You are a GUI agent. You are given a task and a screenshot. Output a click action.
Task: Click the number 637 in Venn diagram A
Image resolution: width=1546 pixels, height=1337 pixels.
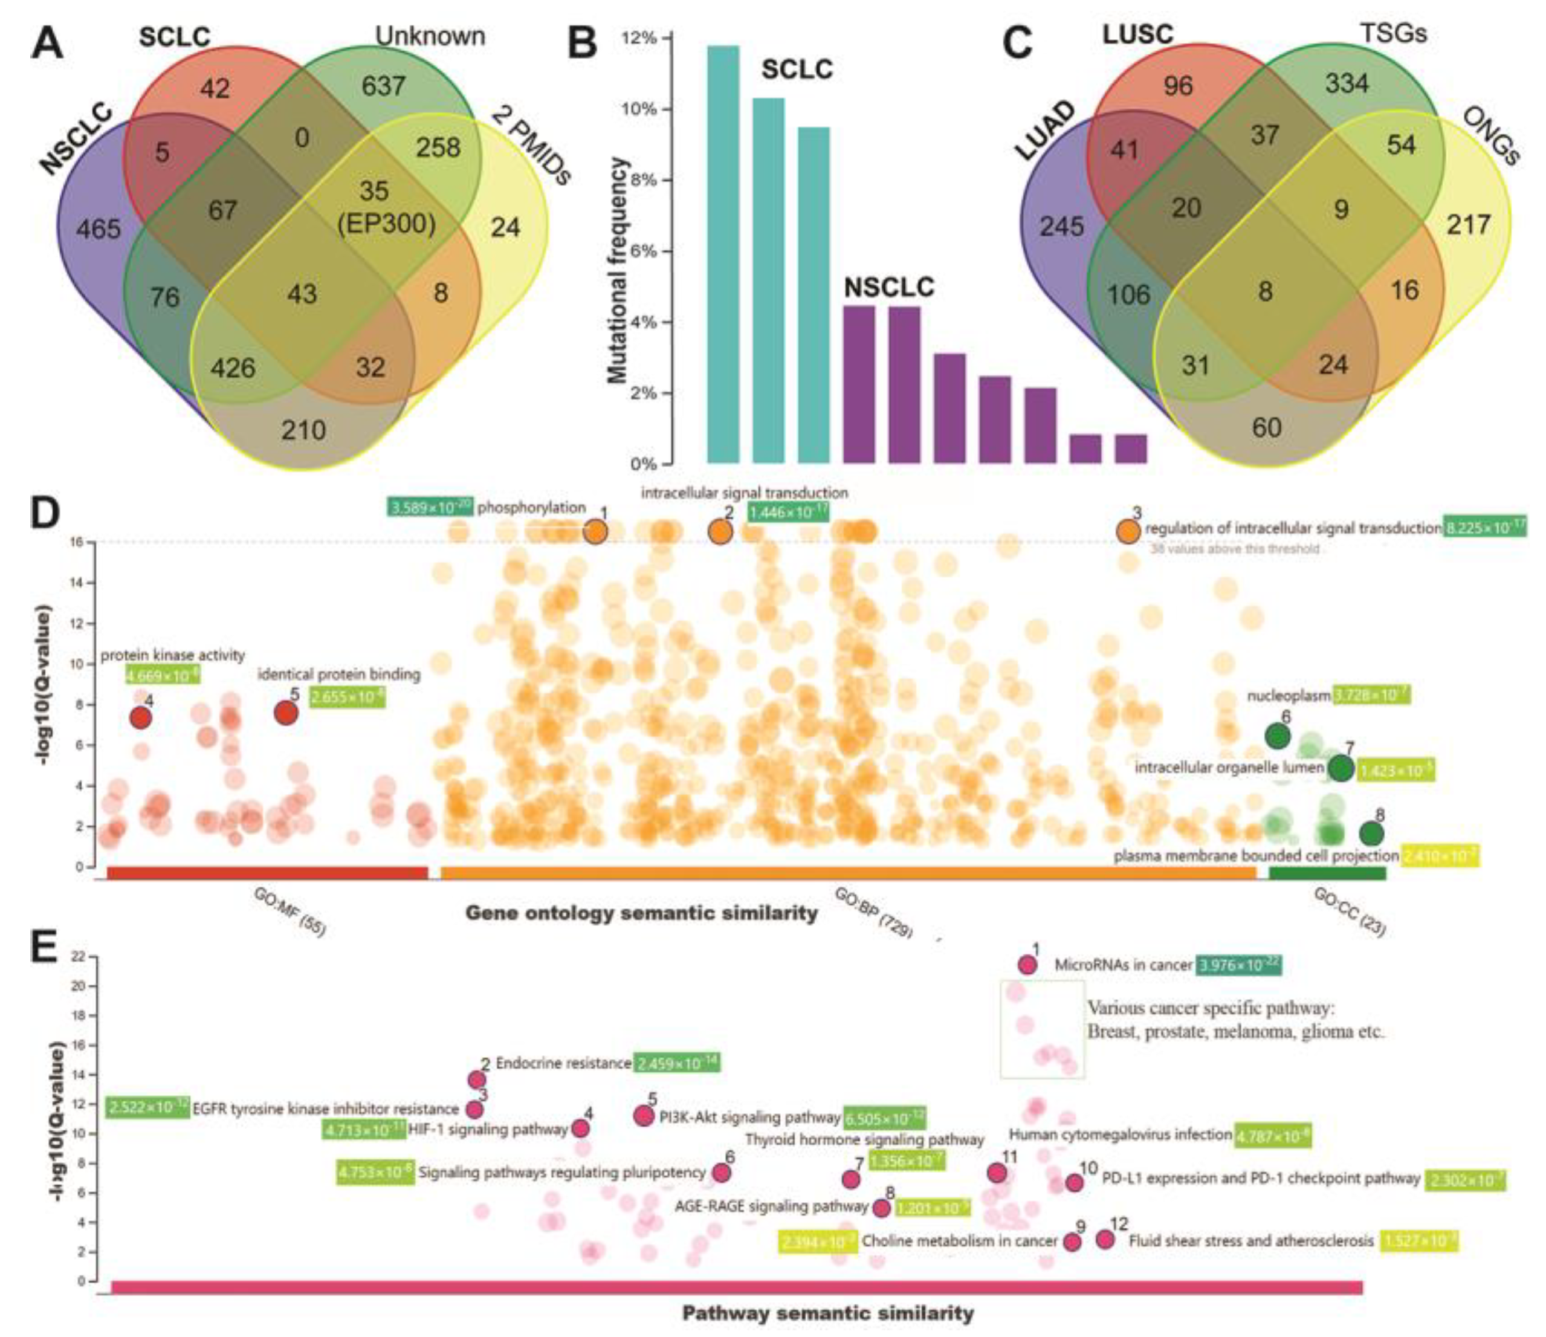click(x=384, y=86)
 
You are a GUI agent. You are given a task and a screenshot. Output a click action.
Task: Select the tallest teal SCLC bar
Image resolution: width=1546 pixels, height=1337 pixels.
click(x=722, y=254)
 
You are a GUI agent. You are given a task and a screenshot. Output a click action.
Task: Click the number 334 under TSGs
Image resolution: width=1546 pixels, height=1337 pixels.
click(x=1347, y=83)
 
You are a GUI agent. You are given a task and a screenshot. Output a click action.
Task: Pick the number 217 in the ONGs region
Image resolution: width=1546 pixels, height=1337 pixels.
click(x=1469, y=225)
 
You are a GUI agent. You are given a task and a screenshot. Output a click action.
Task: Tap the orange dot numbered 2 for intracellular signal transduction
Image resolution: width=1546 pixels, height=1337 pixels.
click(x=720, y=532)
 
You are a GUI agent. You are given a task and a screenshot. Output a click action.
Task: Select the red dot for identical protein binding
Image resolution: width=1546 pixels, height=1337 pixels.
click(x=286, y=713)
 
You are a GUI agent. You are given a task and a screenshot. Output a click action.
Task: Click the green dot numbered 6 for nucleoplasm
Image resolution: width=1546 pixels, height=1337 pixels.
click(x=1278, y=736)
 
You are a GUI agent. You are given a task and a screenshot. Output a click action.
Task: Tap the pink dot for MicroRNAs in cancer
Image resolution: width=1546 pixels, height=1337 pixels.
click(x=1027, y=965)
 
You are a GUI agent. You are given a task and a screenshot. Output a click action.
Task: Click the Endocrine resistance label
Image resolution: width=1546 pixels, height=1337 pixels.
click(x=563, y=1063)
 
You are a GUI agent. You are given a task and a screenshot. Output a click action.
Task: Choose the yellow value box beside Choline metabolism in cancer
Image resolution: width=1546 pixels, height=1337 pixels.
click(x=817, y=1241)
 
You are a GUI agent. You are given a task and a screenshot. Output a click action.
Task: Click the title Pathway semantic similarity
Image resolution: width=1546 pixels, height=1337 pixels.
click(x=827, y=1312)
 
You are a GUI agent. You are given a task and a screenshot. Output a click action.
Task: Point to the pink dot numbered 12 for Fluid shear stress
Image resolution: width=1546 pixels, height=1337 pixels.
click(x=1105, y=1239)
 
